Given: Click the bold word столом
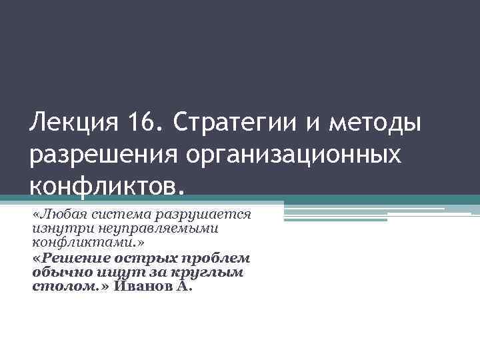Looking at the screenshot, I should coord(57,287).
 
